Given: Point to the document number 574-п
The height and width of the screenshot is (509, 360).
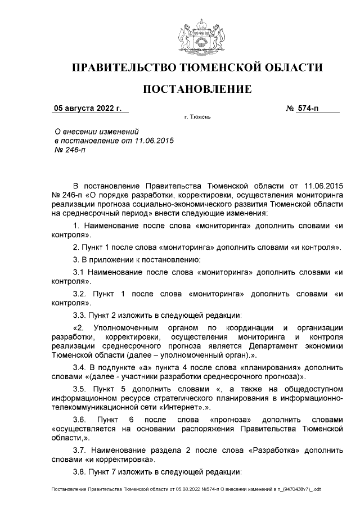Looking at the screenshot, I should coord(307,108).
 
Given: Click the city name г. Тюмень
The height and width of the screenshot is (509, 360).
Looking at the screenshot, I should coord(197,119).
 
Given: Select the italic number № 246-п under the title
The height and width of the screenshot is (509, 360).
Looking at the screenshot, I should coord(66,150).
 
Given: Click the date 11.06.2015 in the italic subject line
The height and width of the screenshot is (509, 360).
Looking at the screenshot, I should coord(150,141).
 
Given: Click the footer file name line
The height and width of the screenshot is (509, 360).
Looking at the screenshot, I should coord(186,489).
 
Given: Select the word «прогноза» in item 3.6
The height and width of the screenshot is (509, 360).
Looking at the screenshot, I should coord(228,420).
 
